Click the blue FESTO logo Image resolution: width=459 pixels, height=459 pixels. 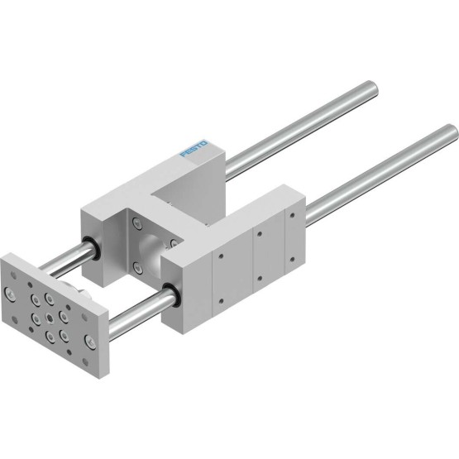pos(194,148)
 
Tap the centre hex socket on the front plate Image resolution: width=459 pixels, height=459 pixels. pos(49,318)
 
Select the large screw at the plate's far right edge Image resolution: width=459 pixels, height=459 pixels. pos(89,342)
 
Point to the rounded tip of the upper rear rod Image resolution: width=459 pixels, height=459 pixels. pos(373,87)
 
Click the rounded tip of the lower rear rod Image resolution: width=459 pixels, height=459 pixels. pos(452,131)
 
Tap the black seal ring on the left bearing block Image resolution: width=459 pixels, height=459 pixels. pos(93,249)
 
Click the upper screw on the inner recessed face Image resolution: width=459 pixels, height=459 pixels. pos(136,223)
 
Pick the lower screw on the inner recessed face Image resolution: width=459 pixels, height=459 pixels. pos(136,267)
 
